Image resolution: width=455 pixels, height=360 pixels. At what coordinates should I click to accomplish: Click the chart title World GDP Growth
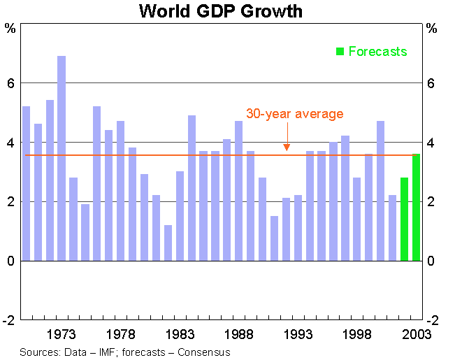[x=221, y=11]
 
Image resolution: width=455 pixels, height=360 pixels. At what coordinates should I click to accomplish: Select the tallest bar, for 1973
[x=62, y=158]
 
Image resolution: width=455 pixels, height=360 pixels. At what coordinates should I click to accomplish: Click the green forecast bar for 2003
[x=417, y=207]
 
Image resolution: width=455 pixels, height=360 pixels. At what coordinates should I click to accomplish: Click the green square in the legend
[x=340, y=51]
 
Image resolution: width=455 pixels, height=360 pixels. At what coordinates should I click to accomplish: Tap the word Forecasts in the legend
[x=377, y=51]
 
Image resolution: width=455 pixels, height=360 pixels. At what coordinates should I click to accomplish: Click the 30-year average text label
[x=295, y=114]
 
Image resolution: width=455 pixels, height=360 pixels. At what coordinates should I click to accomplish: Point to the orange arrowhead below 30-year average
[x=287, y=147]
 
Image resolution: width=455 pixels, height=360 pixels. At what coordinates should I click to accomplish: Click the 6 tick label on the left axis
[x=10, y=83]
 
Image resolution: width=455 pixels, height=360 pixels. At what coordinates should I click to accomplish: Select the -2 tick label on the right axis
[x=431, y=320]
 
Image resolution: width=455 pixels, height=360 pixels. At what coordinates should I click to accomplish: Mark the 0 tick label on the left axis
[x=10, y=261]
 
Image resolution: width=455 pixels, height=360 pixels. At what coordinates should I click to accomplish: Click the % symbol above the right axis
[x=431, y=29]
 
